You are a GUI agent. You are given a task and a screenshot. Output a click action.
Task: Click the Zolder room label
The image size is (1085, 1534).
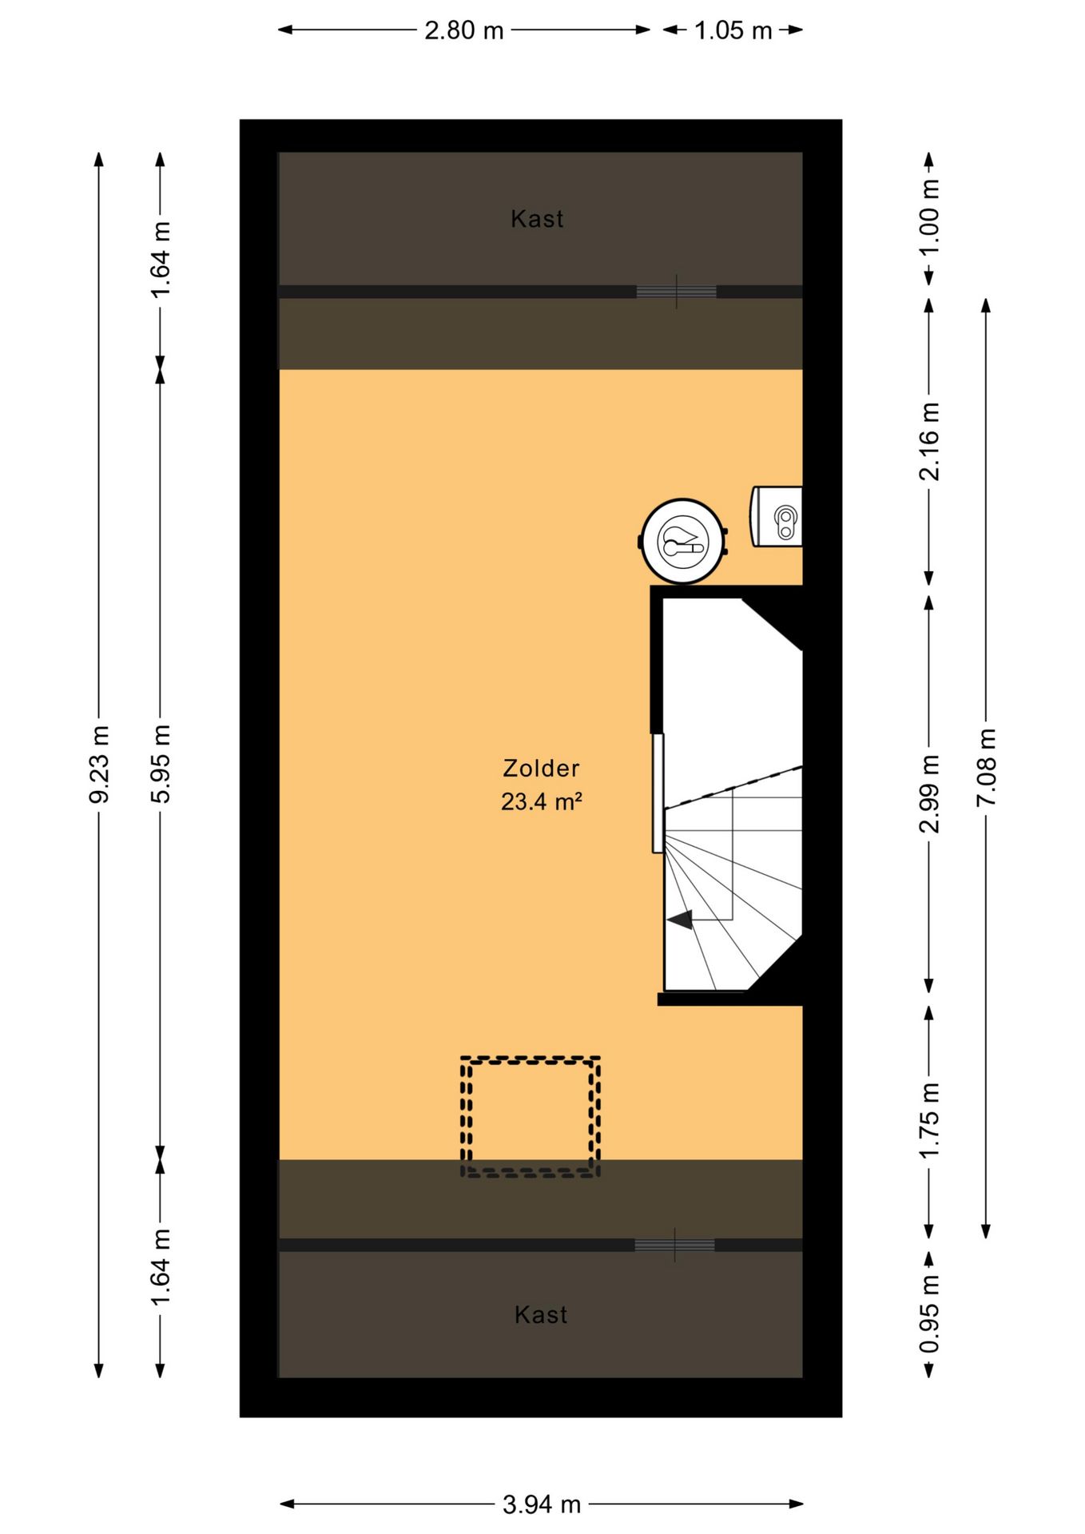[x=541, y=769]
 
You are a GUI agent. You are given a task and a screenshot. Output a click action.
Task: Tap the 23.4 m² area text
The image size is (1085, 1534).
[x=541, y=801]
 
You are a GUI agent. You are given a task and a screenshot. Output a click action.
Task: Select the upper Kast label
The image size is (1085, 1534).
[x=537, y=219]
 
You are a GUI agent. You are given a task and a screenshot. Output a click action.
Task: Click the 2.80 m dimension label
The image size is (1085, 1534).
[x=464, y=30]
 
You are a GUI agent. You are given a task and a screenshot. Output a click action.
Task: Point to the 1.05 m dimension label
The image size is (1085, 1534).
[x=733, y=30]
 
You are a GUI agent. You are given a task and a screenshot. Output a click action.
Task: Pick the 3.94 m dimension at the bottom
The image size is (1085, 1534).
[x=541, y=1505]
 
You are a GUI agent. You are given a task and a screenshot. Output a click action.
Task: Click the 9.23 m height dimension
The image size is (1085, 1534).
[x=99, y=765]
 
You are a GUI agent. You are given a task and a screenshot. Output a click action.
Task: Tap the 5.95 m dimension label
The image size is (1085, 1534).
[x=161, y=764]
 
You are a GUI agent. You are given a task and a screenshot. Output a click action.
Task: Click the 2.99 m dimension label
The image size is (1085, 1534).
[x=929, y=793]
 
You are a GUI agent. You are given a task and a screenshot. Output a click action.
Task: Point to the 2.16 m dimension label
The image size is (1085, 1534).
[x=929, y=441]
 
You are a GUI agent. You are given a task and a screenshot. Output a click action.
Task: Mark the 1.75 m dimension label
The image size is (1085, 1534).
[x=929, y=1120]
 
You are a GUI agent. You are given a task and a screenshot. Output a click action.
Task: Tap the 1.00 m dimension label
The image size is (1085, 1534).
[x=929, y=217]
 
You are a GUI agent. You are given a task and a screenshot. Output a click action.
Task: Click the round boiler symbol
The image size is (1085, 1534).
[x=683, y=541]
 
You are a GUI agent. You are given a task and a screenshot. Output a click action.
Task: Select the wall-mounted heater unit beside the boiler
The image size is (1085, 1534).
[x=776, y=517]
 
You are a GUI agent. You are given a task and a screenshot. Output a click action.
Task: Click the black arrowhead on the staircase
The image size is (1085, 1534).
[x=680, y=920]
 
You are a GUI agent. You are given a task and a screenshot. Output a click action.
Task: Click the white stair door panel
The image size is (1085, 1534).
[x=658, y=793]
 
